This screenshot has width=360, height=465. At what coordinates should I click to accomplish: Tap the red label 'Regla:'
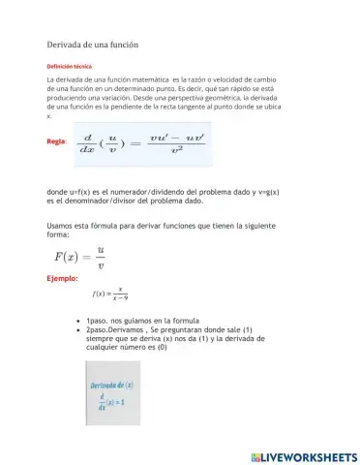click(56, 141)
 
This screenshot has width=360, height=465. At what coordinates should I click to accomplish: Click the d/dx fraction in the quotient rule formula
click(88, 143)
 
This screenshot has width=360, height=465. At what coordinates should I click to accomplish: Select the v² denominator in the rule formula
click(177, 151)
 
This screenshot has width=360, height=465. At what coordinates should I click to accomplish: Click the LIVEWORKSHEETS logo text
click(309, 456)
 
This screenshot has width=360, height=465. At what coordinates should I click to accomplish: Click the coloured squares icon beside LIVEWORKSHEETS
click(255, 456)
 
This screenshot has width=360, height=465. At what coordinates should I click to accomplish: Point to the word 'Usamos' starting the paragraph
click(62, 226)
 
